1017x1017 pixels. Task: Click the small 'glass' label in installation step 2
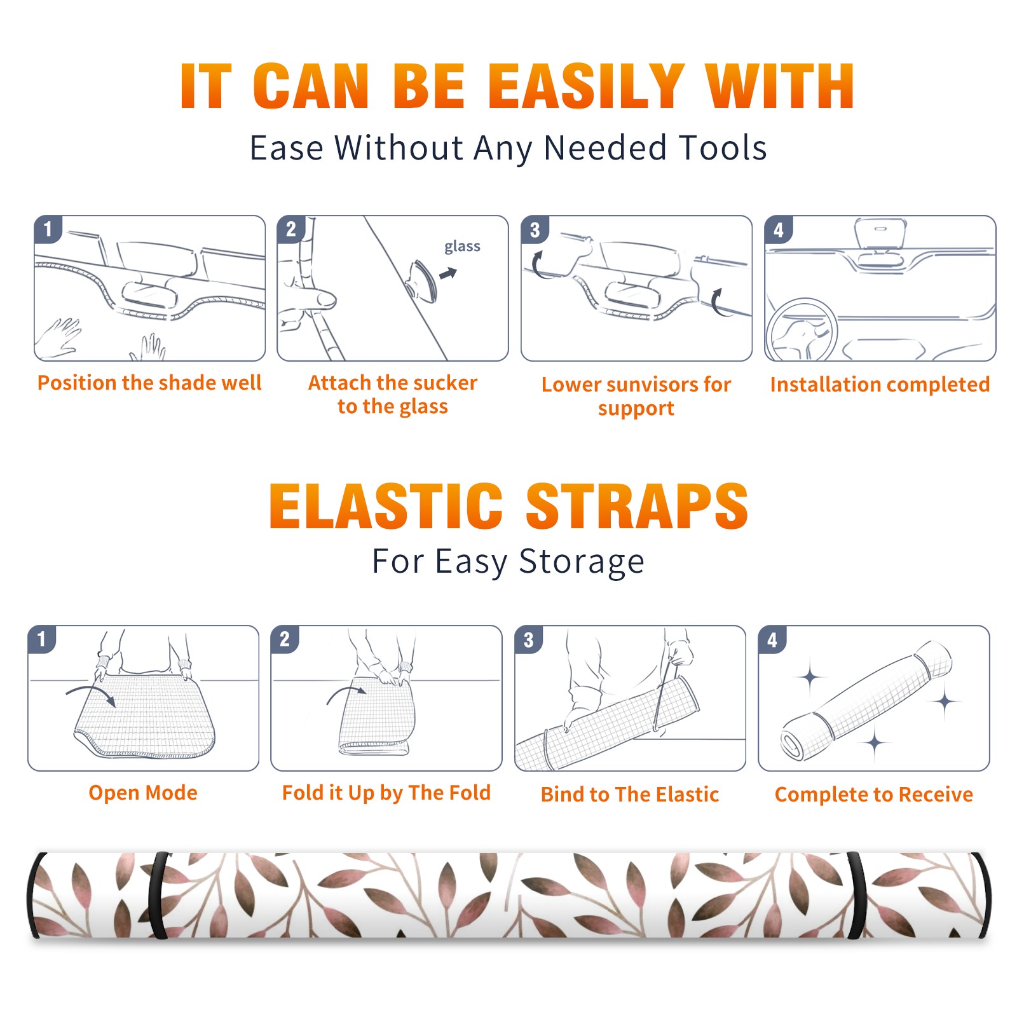[x=462, y=247]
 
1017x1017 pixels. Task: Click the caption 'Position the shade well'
[x=149, y=383]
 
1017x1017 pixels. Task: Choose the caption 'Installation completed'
[x=880, y=384]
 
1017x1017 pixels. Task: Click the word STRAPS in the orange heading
[x=637, y=506]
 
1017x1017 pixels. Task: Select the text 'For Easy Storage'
[x=508, y=561]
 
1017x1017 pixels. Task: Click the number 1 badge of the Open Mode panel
[x=42, y=639]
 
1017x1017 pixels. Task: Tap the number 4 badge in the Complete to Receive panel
[x=772, y=639]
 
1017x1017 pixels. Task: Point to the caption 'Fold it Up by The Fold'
[x=386, y=793]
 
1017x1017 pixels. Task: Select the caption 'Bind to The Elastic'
[x=630, y=794]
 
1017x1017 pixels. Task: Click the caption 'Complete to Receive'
[x=874, y=794]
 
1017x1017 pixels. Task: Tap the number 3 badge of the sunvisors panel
[x=535, y=229]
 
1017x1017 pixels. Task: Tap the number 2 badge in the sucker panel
[x=291, y=229]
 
